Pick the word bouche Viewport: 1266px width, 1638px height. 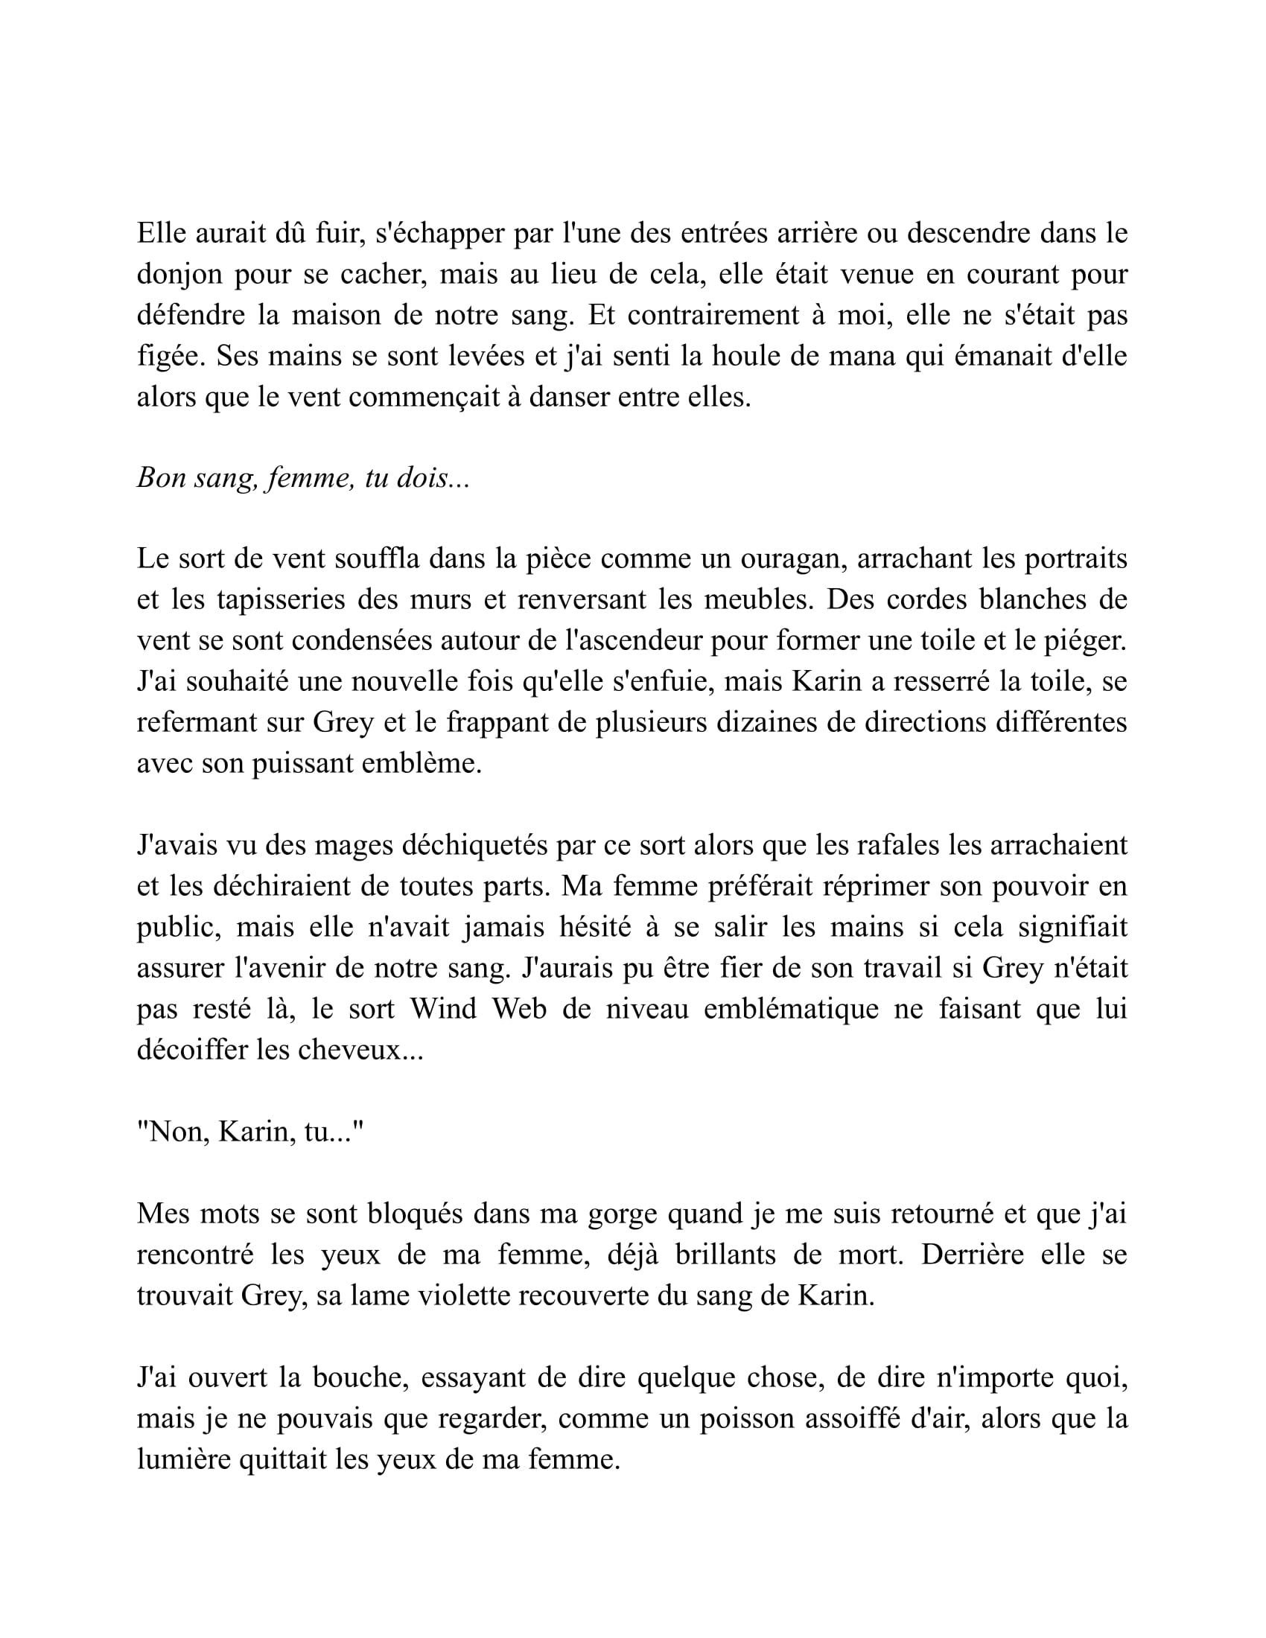[x=360, y=1377]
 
